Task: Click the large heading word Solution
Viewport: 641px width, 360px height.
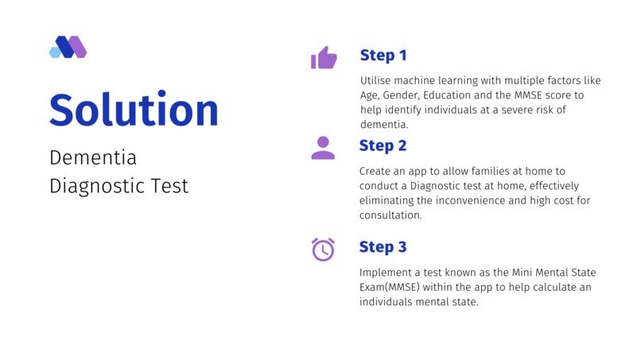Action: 134,110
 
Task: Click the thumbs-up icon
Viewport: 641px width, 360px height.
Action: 324,57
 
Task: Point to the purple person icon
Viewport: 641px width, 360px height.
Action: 323,148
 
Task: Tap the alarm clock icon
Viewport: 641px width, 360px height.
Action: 323,250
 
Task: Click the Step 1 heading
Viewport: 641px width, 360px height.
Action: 383,55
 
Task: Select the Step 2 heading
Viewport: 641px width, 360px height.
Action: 383,145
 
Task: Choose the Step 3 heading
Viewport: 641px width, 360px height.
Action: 383,246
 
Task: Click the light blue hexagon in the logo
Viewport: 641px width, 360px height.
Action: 55,52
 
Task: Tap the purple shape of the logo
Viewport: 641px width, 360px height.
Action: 78,47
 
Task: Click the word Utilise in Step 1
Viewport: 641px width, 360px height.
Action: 376,80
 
